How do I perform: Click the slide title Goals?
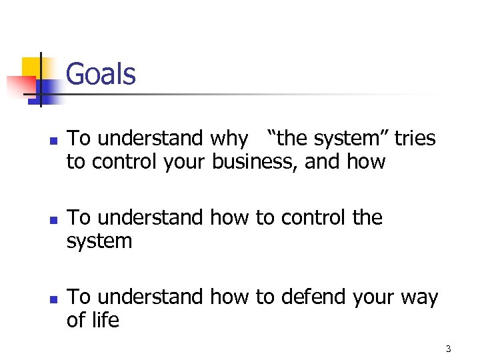(101, 74)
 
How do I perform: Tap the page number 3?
(448, 349)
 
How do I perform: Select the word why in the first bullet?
(229, 139)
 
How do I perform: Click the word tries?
(415, 139)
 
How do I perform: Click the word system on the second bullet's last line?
(99, 241)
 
